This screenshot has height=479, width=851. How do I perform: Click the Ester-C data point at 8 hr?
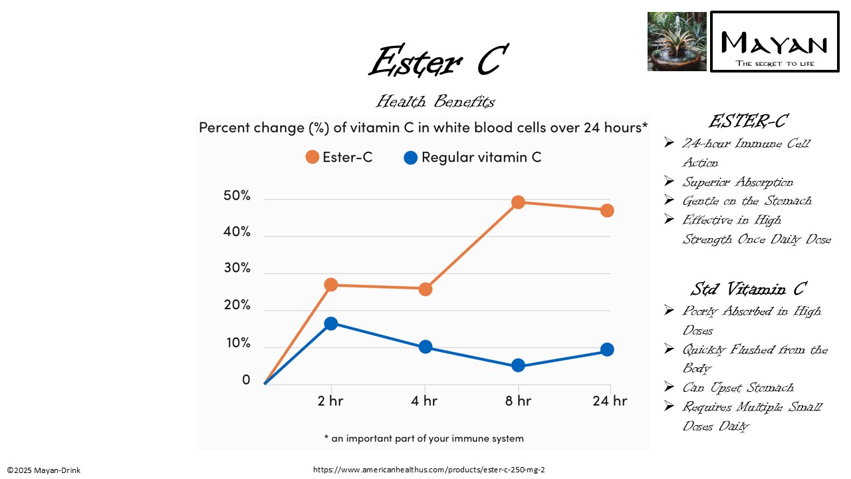pyautogui.click(x=518, y=202)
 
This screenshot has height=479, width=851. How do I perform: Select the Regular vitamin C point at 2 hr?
pyautogui.click(x=330, y=323)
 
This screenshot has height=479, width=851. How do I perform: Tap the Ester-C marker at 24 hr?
pyautogui.click(x=606, y=210)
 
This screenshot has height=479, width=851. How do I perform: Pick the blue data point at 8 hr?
pyautogui.click(x=518, y=365)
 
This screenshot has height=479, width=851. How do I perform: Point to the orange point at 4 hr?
pyautogui.click(x=425, y=289)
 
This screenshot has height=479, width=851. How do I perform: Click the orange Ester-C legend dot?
pyautogui.click(x=312, y=157)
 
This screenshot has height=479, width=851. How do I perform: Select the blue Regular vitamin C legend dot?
pyautogui.click(x=410, y=158)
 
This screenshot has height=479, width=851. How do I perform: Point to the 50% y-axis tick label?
pyautogui.click(x=237, y=196)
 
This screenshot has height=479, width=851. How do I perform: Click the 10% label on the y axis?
pyautogui.click(x=237, y=343)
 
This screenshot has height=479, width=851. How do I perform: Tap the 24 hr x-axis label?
pyautogui.click(x=610, y=400)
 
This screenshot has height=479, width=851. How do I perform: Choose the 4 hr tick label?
pyautogui.click(x=424, y=400)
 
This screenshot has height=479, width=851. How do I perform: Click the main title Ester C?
pyautogui.click(x=438, y=62)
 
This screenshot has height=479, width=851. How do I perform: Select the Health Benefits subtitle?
pyautogui.click(x=435, y=102)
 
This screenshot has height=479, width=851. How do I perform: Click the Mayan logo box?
pyautogui.click(x=775, y=41)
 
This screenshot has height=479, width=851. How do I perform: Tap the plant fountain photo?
pyautogui.click(x=677, y=41)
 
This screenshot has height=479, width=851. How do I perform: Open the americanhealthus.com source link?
pyautogui.click(x=429, y=470)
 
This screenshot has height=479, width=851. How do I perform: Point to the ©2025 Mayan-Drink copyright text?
pyautogui.click(x=44, y=470)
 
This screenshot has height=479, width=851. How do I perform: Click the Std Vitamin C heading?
pyautogui.click(x=748, y=289)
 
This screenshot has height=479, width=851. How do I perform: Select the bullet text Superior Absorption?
pyautogui.click(x=737, y=182)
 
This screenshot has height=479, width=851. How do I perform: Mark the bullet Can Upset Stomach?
pyautogui.click(x=738, y=388)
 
